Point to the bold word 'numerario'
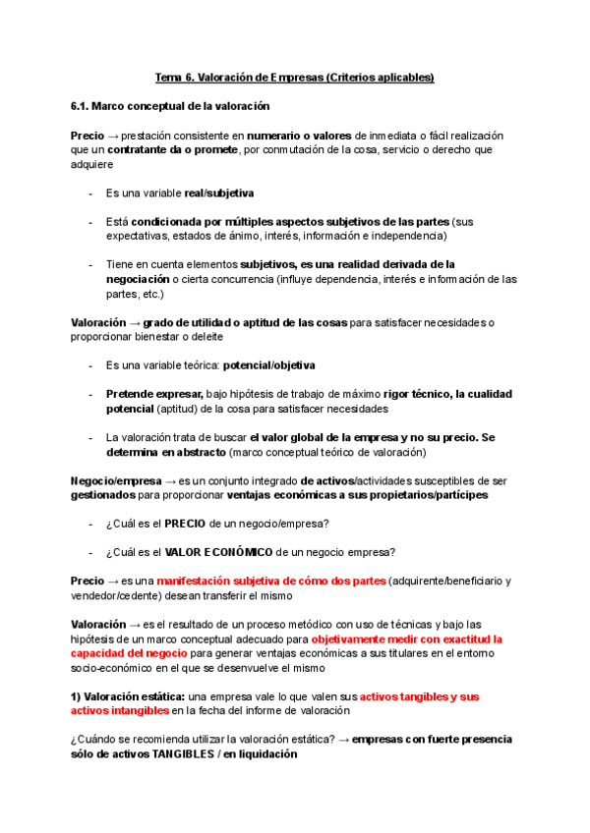click(x=274, y=135)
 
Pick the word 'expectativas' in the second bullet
click(x=137, y=236)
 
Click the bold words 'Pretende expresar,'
click(x=154, y=394)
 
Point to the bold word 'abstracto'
click(x=195, y=452)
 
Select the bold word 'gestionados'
click(x=105, y=495)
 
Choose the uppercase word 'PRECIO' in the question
click(x=185, y=523)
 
